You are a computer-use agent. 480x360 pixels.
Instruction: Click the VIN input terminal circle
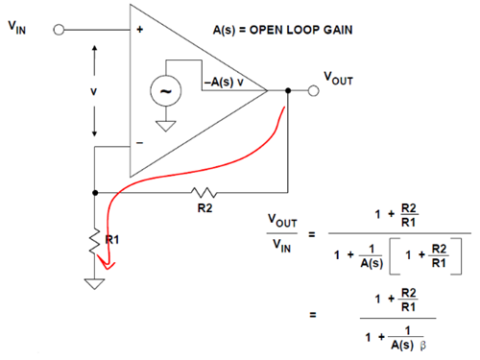click(59, 30)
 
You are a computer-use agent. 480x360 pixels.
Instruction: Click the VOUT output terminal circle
click(314, 90)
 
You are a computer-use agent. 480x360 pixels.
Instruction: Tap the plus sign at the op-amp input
click(140, 30)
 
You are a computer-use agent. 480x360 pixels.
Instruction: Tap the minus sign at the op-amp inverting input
click(140, 142)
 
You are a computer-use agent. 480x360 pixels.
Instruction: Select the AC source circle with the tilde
click(166, 91)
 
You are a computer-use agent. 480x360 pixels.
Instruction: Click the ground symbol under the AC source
click(166, 126)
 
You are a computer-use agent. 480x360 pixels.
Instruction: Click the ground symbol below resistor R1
click(94, 284)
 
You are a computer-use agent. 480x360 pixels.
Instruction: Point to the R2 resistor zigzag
click(204, 192)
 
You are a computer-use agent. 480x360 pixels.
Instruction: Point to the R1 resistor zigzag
click(94, 242)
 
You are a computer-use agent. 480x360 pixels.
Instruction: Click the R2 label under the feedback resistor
click(204, 208)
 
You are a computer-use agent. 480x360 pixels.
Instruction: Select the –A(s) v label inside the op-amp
click(224, 83)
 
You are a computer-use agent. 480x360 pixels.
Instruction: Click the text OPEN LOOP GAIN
click(301, 30)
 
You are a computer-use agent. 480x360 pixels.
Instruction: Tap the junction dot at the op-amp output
click(288, 90)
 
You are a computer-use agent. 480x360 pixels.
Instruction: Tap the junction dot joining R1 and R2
click(95, 193)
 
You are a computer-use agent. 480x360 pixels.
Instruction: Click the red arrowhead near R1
click(107, 262)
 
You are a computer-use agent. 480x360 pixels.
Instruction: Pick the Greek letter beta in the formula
click(422, 346)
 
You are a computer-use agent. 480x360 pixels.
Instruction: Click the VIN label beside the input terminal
click(17, 28)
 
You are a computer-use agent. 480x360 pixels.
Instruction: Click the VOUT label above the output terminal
click(338, 79)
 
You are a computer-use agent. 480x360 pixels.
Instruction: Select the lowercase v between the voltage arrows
click(93, 92)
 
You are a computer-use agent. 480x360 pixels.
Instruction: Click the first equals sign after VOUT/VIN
click(312, 234)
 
